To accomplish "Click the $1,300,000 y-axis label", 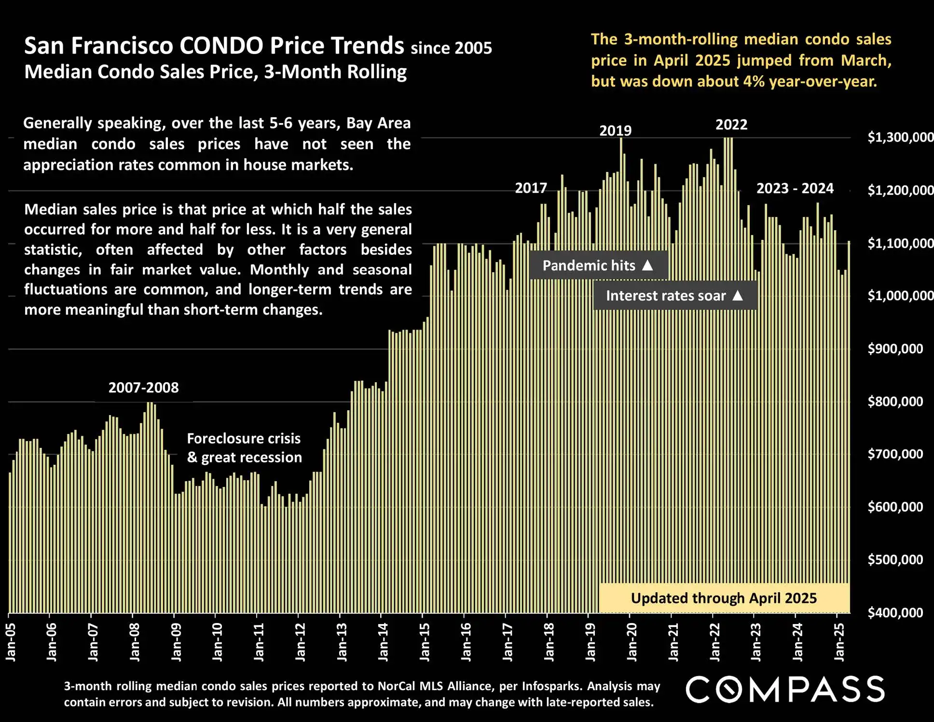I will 900,138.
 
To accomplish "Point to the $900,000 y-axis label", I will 895,349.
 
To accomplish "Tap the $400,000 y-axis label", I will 895,613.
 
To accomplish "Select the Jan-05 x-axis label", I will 11,642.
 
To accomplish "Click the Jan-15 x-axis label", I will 425,642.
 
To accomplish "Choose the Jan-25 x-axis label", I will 839,642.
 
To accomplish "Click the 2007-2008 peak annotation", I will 143,388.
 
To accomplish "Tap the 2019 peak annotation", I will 615,131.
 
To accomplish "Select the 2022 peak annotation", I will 731,125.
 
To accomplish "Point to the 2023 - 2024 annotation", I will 795,188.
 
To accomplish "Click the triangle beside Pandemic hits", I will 647,265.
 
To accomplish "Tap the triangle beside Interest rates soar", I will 738,295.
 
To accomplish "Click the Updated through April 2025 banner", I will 724,598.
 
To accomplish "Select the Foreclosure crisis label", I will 244,438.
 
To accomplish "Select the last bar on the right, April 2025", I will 849,425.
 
